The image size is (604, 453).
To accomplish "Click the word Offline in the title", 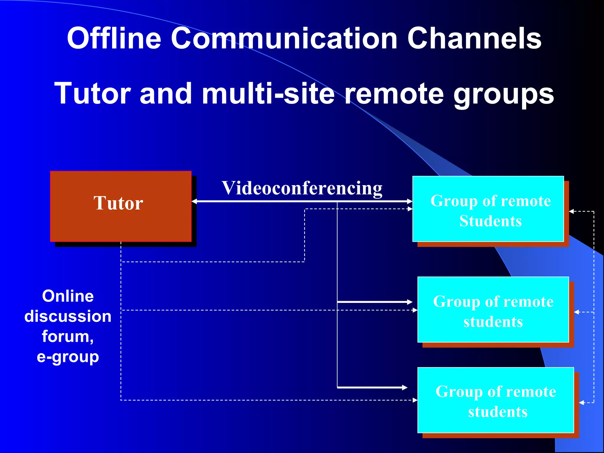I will pos(114,38).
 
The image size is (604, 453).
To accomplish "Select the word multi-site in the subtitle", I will pos(268,93).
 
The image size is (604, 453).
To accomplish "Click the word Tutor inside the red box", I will pos(118,203).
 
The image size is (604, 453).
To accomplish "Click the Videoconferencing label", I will pos(302,188).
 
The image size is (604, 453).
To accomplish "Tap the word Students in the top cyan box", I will pos(490,221).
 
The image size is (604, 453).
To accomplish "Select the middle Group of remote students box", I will pos(493,310).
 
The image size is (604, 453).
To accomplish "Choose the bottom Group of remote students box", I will pos(495,400).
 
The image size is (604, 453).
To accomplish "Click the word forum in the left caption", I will pos(68,336).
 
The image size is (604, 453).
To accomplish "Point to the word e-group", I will pos(68,357).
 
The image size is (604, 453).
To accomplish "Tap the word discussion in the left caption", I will pos(68,316).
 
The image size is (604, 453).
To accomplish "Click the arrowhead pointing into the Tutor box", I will pos(194,201).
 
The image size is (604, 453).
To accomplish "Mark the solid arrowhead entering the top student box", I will pos(410,201).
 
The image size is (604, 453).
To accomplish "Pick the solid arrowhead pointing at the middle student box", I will pos(410,302).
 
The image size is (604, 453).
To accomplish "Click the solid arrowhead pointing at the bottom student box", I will pos(405,387).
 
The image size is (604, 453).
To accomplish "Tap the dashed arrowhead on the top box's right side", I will pos(571,211).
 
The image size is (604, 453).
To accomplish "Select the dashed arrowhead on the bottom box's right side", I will pos(581,403).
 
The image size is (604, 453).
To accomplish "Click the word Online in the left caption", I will pos(68,296).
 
